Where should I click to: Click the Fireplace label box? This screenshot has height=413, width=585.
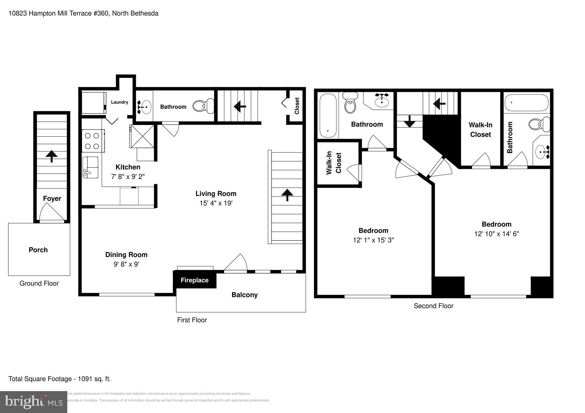point(195,280)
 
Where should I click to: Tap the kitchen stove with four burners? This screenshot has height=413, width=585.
point(93,141)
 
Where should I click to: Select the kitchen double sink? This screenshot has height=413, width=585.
point(90,167)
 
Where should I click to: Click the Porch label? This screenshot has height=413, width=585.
point(38,250)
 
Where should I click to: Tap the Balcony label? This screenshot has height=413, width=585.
point(245,295)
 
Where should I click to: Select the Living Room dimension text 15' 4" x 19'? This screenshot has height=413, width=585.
point(216,203)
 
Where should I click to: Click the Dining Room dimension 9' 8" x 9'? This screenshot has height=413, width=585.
point(126,264)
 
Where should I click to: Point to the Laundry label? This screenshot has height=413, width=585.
point(119,102)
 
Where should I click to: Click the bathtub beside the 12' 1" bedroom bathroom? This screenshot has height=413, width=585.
point(328,115)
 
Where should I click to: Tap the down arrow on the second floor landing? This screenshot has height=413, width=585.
point(409,121)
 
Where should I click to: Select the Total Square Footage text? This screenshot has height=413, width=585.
point(59,379)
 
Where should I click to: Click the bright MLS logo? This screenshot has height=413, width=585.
point(34,402)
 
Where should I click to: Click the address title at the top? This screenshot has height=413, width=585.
point(83,13)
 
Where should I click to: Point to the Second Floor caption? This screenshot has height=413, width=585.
point(433,306)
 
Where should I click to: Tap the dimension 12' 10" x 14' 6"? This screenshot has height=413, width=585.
point(496,234)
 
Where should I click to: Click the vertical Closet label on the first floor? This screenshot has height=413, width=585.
point(297,106)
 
